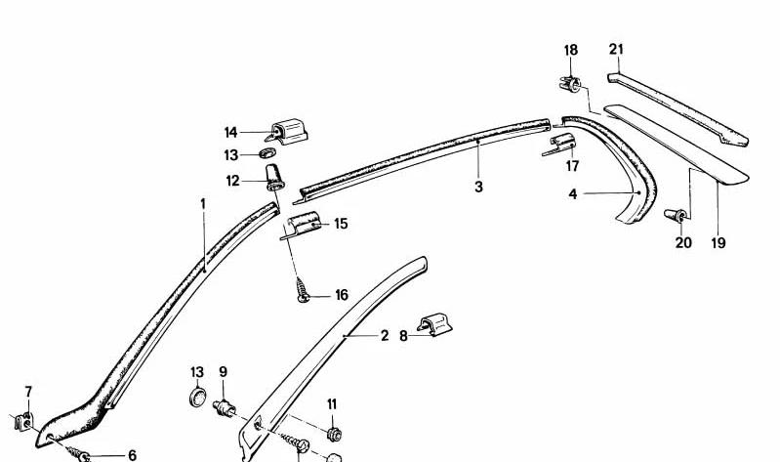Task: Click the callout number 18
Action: coord(571,50)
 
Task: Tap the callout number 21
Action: coord(616,49)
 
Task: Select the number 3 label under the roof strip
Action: coord(478,188)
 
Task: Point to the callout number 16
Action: coord(342,295)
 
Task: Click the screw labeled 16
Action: coord(302,290)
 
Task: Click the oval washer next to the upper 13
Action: coord(268,152)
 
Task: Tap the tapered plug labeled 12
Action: coord(274,178)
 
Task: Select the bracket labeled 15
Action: coord(302,225)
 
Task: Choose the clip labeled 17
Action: coord(559,145)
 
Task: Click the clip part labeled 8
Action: coord(434,324)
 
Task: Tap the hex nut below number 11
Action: coord(334,434)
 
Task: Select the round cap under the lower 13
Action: coord(198,398)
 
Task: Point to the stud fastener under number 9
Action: coord(225,408)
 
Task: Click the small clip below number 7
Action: coord(23,422)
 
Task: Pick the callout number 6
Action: coord(132,455)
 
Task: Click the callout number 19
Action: coord(718,243)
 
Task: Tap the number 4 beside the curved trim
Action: coord(573,194)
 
